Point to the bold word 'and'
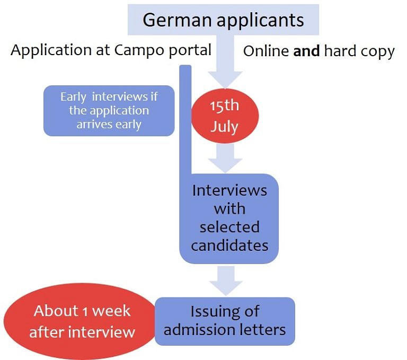point(307,51)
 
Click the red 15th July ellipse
point(225,116)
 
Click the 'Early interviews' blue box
point(109,111)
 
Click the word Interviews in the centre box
point(229,190)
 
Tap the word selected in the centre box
point(229,227)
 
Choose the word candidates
point(229,245)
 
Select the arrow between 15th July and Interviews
point(225,157)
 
